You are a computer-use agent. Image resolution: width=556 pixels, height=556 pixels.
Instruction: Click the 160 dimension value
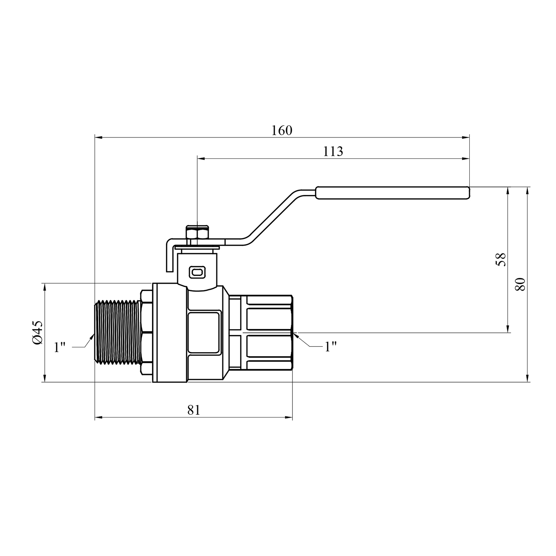click(282, 130)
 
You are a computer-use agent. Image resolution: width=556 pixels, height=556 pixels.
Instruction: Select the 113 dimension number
click(333, 152)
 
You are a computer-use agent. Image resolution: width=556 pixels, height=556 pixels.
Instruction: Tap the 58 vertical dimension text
click(500, 259)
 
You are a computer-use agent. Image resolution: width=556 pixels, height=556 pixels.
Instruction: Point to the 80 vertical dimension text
click(520, 284)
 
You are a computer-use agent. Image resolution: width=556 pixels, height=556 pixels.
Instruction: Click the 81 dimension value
click(193, 410)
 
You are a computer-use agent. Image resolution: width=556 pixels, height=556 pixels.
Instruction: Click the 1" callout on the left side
click(59, 347)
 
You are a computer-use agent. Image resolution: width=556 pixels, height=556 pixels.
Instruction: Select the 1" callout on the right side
click(331, 347)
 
